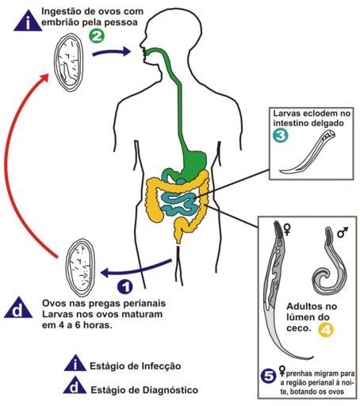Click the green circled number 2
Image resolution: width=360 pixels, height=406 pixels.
[x=97, y=36]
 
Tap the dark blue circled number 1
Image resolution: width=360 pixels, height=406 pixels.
[x=125, y=287]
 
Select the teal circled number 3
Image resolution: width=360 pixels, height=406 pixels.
[x=281, y=136]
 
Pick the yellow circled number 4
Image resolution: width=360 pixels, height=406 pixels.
[x=326, y=329]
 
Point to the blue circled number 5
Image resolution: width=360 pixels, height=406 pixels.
[x=268, y=376]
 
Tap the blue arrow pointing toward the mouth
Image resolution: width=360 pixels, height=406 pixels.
[x=112, y=52]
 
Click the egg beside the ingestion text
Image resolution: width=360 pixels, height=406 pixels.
[x=69, y=63]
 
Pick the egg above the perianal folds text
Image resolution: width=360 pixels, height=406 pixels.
[x=80, y=268]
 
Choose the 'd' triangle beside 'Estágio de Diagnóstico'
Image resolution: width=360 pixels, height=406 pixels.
[x=75, y=386]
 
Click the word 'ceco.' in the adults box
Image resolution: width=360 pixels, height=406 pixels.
[x=298, y=328]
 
